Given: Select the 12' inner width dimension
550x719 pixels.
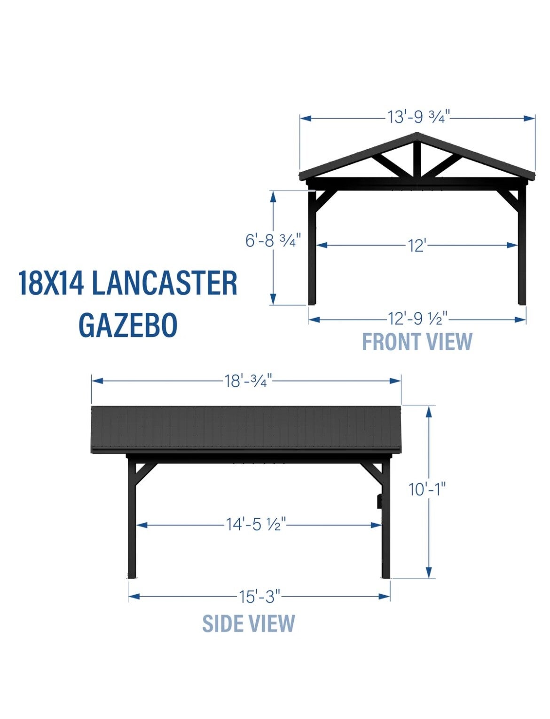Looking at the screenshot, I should point(417,245).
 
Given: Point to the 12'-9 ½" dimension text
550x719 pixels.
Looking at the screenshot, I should point(417,320).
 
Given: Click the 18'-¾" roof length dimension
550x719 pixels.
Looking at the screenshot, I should point(248,381).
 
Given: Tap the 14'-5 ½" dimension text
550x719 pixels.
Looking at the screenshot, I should point(256,524).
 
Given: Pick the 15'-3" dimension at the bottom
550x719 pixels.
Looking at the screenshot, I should point(259,597).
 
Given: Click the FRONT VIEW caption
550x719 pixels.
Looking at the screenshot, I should point(417,342).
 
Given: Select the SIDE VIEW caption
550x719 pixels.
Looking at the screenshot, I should point(248,623).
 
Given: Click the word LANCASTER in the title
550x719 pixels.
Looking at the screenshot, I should point(165,283).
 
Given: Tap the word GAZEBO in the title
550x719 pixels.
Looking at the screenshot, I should point(128,325).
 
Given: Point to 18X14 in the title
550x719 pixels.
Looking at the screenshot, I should point(51,283).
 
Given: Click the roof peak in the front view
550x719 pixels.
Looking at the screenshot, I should point(417,136).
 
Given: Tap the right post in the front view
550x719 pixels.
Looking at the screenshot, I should point(522,249).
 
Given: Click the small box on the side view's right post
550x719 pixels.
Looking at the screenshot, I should point(379,501).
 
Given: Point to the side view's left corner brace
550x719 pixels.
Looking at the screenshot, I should point(146,472).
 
